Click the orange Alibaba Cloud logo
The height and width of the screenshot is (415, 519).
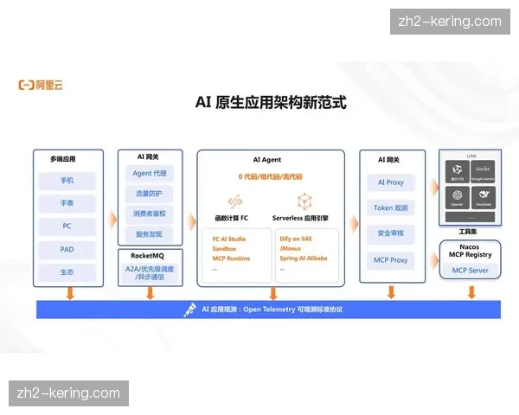(x=41, y=85)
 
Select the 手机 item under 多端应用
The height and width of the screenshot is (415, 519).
(x=67, y=181)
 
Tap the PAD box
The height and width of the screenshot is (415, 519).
(x=67, y=249)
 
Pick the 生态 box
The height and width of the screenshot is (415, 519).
(x=67, y=272)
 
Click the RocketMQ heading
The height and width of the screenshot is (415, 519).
(x=149, y=256)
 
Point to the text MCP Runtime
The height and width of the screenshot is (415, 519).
(x=231, y=258)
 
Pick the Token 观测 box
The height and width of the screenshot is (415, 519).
(x=390, y=208)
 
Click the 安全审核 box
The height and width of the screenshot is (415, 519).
(x=390, y=233)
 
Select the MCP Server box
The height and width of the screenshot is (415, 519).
(x=471, y=271)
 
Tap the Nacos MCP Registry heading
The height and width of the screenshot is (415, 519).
(x=471, y=251)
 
